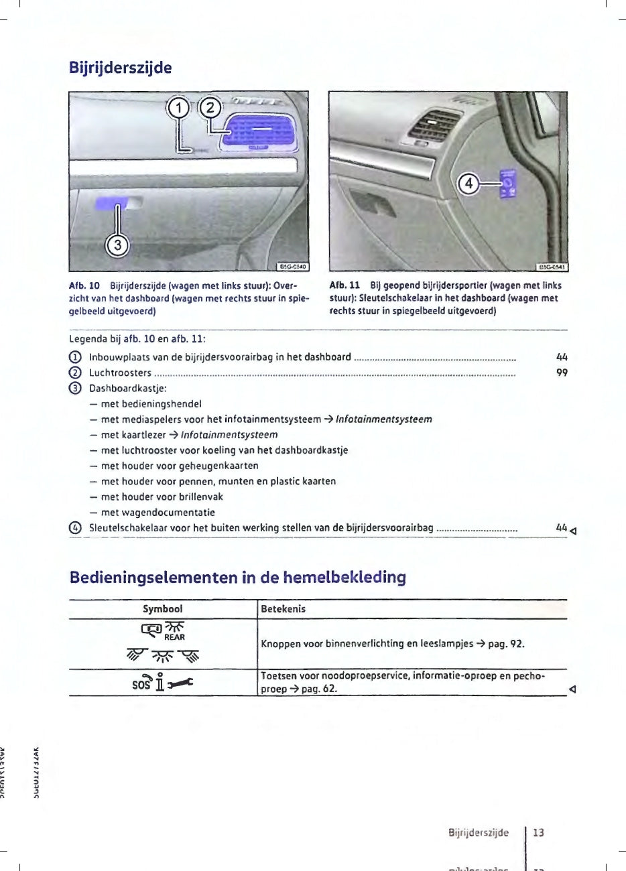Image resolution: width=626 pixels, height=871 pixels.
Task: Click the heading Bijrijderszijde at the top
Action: click(121, 68)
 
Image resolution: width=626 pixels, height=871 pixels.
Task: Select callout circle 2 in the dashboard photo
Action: click(210, 107)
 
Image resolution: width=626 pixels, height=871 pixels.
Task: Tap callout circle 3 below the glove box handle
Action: click(118, 245)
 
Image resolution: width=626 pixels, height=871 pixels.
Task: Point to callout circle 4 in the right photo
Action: click(468, 183)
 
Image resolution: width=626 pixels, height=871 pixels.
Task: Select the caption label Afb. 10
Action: click(84, 285)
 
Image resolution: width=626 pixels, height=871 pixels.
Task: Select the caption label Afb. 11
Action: click(345, 285)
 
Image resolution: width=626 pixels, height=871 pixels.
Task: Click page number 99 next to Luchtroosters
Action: click(562, 373)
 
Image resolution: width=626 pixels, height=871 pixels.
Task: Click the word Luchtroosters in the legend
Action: click(120, 373)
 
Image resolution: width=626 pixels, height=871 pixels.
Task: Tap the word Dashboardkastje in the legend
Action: click(127, 389)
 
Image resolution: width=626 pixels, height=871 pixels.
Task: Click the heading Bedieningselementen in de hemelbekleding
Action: click(237, 578)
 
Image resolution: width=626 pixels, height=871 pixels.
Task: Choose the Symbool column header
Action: click(163, 609)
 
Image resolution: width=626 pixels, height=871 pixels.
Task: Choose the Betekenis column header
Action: click(283, 609)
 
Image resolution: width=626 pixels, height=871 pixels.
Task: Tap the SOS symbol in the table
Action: click(141, 685)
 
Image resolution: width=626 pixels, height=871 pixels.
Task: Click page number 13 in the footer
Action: click(539, 833)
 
